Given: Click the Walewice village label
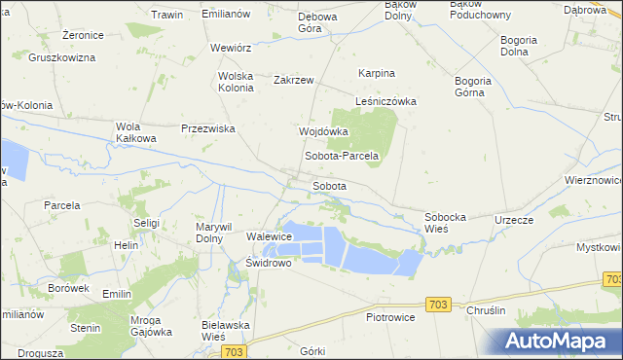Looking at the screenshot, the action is (270, 236).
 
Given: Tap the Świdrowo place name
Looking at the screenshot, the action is (270, 263).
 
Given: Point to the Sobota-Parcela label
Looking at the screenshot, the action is (341, 156).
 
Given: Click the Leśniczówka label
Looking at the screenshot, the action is (385, 101).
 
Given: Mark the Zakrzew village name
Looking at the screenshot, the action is (294, 80).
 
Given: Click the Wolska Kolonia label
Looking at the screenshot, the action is (236, 81).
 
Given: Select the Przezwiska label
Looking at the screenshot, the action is (209, 127).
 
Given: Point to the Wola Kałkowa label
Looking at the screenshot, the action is (136, 132).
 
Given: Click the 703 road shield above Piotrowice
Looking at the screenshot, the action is (438, 305).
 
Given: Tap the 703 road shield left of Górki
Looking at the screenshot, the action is (233, 351).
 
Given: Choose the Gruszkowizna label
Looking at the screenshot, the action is (61, 58).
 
